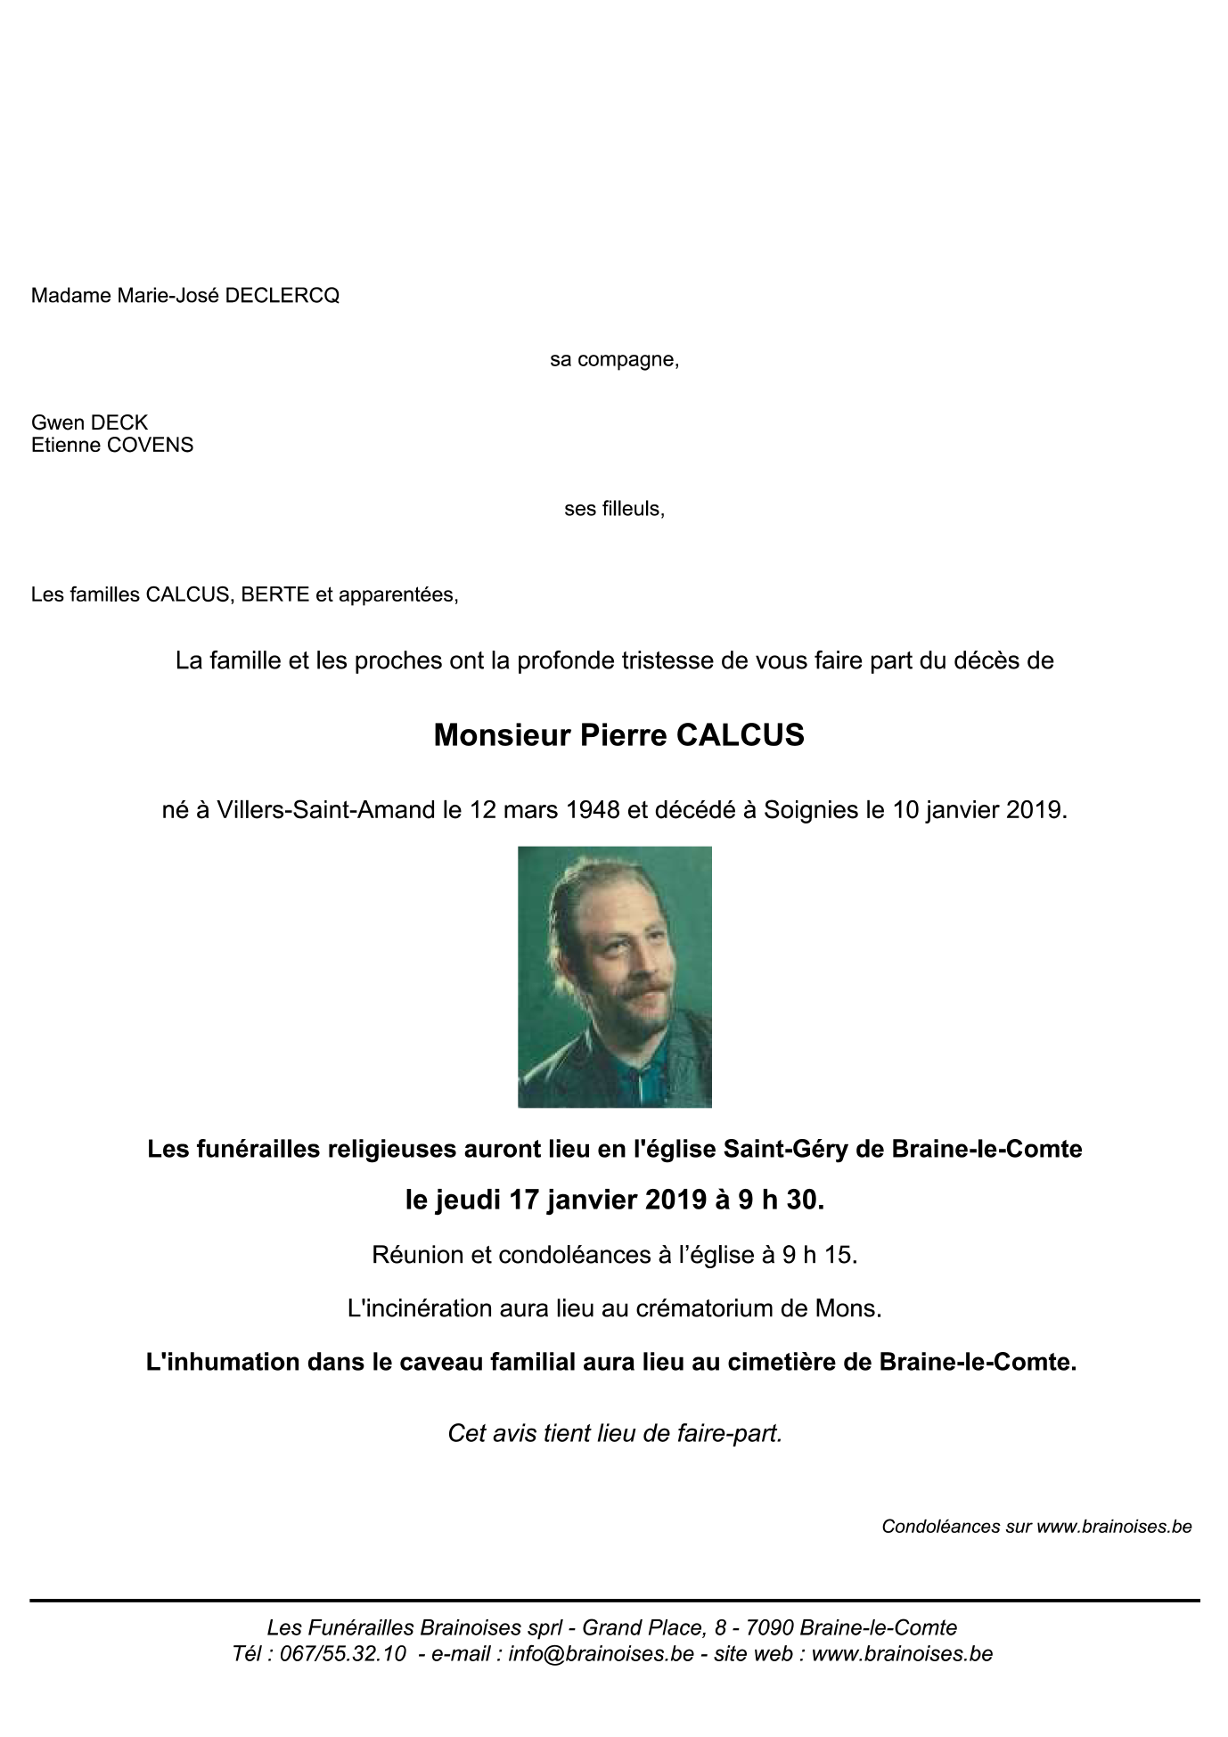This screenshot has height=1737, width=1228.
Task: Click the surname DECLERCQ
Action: [x=282, y=296]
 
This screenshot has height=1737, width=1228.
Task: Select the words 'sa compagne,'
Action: [x=614, y=360]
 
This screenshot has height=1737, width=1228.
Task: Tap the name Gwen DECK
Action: [x=89, y=422]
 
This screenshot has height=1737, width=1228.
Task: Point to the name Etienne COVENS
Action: [x=112, y=445]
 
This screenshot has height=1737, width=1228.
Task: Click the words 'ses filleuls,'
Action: [x=614, y=509]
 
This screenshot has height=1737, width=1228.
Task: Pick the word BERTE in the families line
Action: [x=275, y=594]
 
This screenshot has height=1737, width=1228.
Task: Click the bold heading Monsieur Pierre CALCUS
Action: [x=618, y=735]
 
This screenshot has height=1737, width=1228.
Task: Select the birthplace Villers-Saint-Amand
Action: [x=327, y=810]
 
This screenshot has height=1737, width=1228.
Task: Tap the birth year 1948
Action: [x=593, y=810]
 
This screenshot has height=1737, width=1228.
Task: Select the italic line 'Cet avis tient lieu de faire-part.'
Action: [x=614, y=1433]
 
